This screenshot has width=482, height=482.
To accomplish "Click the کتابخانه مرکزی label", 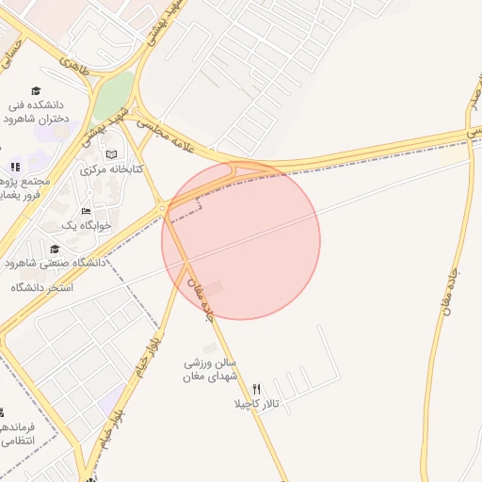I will [111, 169].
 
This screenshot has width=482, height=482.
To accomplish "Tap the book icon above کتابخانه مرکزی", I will [112, 153].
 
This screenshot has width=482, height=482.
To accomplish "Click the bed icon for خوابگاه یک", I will [87, 211].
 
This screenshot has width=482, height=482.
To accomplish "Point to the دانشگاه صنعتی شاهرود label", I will [55, 263].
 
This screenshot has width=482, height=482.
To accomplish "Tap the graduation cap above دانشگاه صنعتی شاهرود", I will [55, 249].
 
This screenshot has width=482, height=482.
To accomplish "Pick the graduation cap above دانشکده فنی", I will [36, 91].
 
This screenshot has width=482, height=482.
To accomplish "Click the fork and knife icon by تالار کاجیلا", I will [256, 389].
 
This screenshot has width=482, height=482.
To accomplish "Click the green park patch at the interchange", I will [113, 94].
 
